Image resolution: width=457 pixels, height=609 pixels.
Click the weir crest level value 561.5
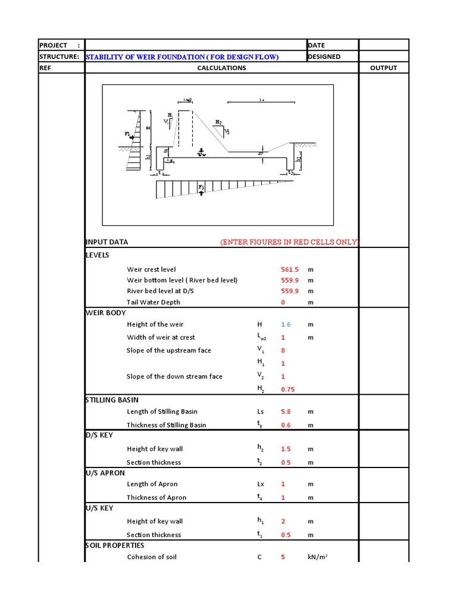289,269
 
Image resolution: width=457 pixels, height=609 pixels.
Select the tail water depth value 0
283,302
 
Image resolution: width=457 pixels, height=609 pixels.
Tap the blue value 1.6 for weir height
286,324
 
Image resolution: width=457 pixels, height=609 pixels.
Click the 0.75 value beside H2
288,390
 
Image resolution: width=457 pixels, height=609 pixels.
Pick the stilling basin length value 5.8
286,412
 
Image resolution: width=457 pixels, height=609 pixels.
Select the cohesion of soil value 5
283,557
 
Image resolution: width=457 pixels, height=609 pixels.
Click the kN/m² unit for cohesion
318,557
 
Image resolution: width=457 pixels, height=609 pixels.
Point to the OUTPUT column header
383,68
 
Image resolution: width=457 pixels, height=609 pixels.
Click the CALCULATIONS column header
221,68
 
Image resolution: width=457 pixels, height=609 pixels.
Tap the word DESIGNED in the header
324,57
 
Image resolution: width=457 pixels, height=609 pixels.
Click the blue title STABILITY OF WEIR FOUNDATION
182,57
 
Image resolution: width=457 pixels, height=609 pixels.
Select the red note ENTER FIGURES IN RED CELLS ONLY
289,242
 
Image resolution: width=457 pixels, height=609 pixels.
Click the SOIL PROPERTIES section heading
115,545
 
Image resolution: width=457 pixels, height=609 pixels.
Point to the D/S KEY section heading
99,435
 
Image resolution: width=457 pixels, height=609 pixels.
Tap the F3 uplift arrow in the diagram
201,190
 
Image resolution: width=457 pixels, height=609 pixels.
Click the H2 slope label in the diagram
218,121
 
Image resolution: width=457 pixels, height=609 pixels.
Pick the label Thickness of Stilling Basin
166,425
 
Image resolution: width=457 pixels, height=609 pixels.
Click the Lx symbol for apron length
260,484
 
